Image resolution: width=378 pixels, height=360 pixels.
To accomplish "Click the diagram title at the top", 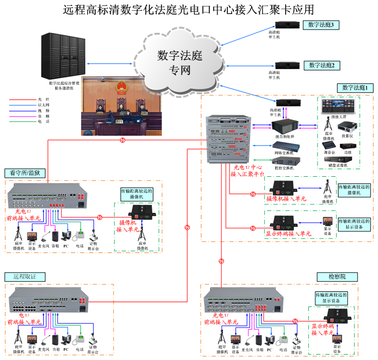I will coord(188,10).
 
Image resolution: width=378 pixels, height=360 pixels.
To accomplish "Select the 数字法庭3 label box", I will coord(321,25).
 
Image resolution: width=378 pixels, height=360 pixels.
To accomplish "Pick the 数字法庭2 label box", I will coord(321,65).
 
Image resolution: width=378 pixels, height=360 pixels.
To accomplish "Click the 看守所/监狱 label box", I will coord(25,173).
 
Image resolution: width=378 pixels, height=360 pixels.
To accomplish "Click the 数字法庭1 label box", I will coord(354,87).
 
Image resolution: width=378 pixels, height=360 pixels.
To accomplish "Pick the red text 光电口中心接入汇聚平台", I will coord(247,171).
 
